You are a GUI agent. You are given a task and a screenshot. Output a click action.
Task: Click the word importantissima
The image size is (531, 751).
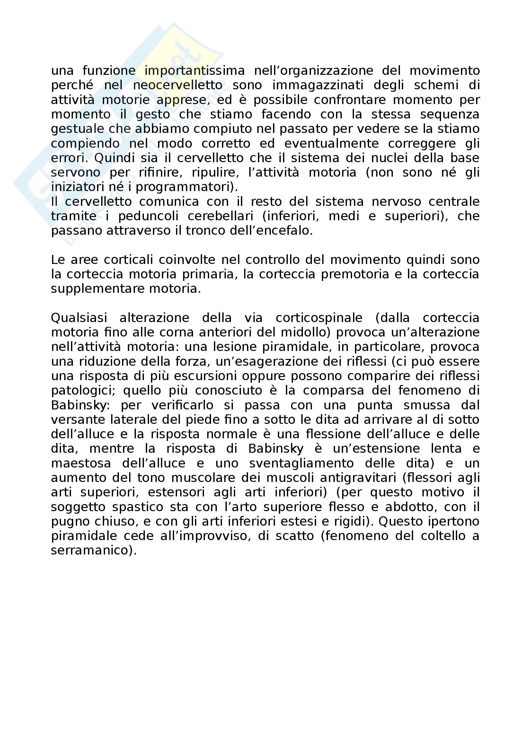pyautogui.click(x=195, y=71)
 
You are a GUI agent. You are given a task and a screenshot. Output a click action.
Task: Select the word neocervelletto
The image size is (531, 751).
pyautogui.click(x=178, y=85)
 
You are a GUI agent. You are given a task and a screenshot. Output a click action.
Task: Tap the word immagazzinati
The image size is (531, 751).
pyautogui.click(x=318, y=85)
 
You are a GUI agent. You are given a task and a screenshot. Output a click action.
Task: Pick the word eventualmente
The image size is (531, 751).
pyautogui.click(x=332, y=144)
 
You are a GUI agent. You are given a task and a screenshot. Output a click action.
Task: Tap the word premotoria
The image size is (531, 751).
pyautogui.click(x=355, y=275)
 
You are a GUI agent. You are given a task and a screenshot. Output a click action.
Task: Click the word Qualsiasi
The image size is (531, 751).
pyautogui.click(x=79, y=318)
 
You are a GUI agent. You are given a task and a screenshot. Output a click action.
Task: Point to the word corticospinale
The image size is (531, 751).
pyautogui.click(x=319, y=318)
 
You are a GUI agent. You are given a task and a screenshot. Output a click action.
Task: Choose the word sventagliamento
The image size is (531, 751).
pyautogui.click(x=301, y=464)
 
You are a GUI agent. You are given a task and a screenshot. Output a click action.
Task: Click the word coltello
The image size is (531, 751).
pyautogui.click(x=443, y=536)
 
